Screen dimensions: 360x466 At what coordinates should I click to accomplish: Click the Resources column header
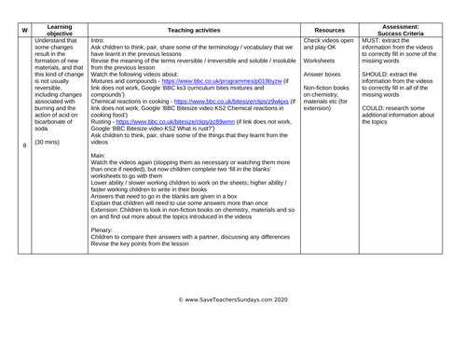click(328, 29)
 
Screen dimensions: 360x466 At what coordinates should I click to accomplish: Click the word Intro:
click(99, 41)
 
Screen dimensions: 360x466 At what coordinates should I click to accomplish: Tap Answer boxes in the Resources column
click(326, 75)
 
